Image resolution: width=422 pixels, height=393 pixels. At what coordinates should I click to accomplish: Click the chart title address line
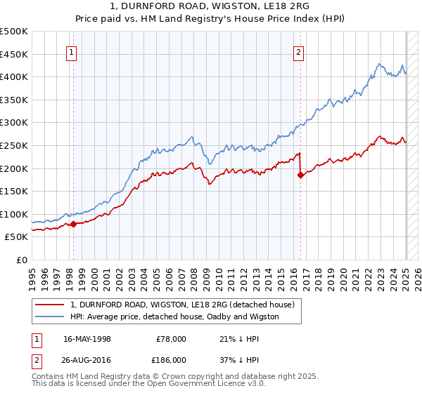210,6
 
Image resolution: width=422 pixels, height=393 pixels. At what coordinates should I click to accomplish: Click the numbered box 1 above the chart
72,51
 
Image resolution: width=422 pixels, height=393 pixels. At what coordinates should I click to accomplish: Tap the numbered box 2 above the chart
299,51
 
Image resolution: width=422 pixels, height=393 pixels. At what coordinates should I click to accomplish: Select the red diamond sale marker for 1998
73,224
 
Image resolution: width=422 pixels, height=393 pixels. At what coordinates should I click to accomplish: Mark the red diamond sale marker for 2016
300,175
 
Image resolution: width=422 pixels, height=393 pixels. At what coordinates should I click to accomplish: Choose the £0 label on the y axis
22,260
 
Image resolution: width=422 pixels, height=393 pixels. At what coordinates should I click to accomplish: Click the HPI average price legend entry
174,317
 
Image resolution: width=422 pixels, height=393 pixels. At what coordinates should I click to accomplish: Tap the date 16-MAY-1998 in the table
87,338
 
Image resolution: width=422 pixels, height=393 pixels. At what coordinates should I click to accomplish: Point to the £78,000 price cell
171,338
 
